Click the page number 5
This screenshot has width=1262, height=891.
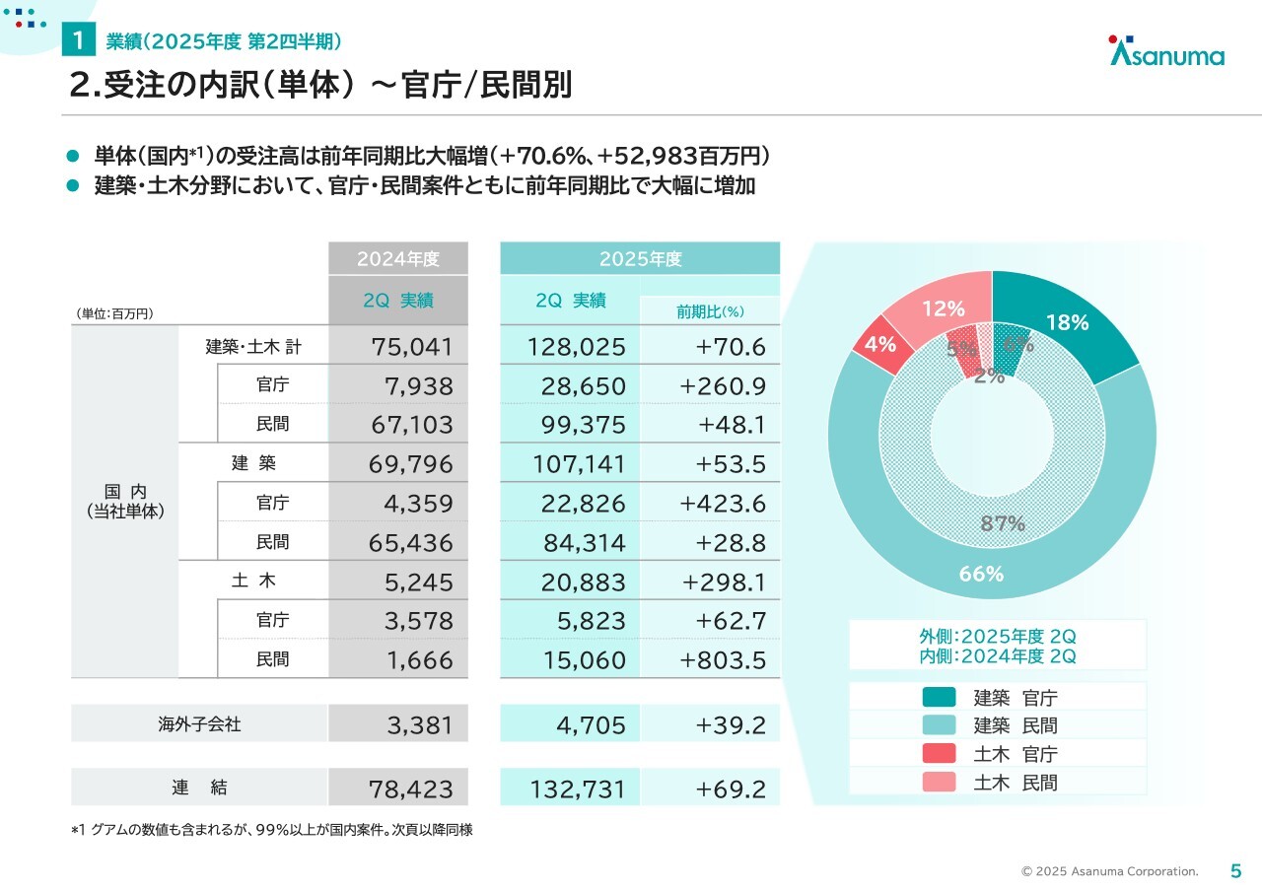1235,870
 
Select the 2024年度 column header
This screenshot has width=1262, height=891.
397,259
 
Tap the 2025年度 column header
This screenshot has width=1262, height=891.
640,259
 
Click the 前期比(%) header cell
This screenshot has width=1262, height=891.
710,311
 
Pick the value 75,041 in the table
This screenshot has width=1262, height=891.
412,346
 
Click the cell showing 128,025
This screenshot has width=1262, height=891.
583,346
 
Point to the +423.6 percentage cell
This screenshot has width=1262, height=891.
722,504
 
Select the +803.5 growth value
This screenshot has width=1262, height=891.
722,659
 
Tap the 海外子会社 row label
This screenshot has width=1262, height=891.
199,724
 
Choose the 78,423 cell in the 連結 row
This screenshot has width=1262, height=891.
412,788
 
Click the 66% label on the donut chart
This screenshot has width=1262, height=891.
981,574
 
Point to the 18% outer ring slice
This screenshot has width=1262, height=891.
1067,322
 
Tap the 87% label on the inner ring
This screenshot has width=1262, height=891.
1003,523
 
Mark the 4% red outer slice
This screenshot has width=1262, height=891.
879,345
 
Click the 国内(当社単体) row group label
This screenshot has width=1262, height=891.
125,502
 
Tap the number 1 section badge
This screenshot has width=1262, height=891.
77,41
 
